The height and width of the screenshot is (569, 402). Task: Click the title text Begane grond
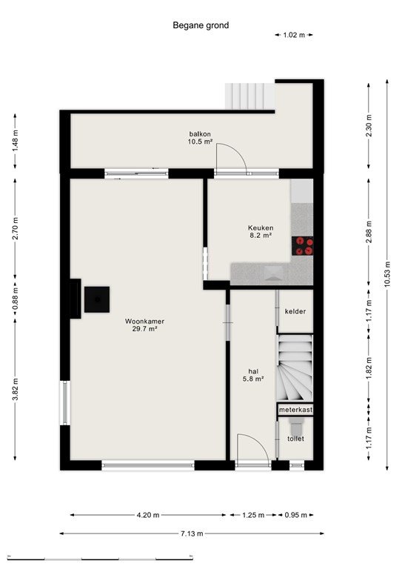tap(201, 25)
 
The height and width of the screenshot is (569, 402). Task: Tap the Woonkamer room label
tap(144, 325)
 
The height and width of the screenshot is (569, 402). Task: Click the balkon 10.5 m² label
tap(200, 138)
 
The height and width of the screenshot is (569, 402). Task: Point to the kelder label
tap(295, 312)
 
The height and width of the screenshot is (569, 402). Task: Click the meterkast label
tap(295, 409)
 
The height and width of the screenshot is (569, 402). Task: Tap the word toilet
tap(295, 439)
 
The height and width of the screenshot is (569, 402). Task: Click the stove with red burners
tap(304, 245)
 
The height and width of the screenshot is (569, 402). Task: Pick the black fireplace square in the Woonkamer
tap(97, 299)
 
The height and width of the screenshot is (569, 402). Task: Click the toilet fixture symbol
tap(296, 425)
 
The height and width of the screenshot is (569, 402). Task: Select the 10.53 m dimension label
tap(386, 275)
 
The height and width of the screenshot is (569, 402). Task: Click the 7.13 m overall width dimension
tap(192, 533)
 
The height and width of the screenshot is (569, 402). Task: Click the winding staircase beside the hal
tap(295, 367)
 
